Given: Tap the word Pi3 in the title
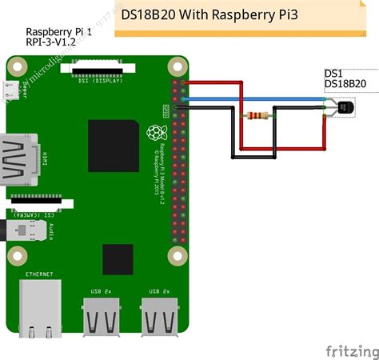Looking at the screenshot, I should click(282, 14).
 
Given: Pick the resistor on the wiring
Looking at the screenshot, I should click(256, 115).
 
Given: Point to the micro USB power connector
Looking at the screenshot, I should click(10, 92).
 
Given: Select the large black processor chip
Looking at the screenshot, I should click(112, 144).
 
